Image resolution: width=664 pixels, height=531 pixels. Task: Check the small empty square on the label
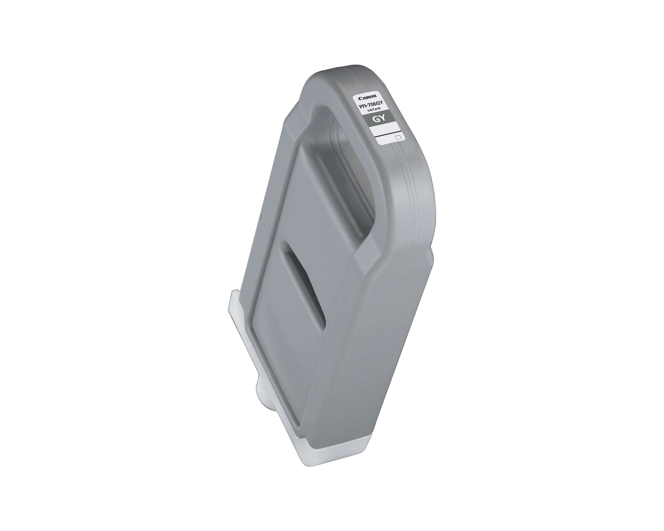click(398, 136)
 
